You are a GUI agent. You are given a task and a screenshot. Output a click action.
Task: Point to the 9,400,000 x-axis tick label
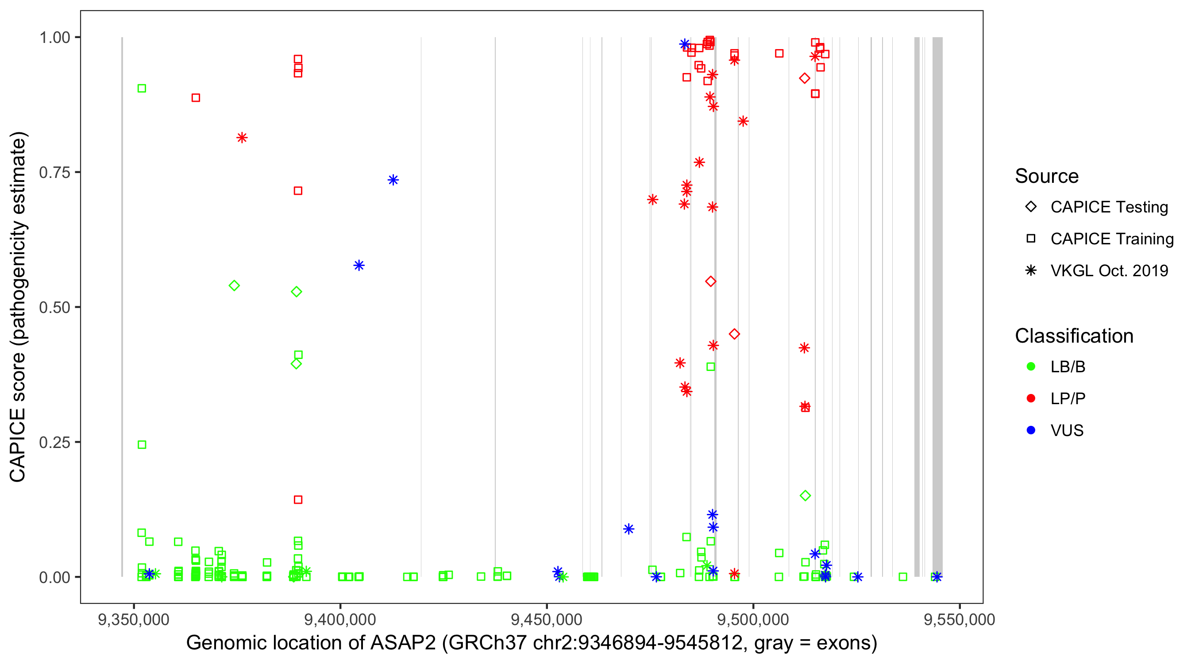coord(340,619)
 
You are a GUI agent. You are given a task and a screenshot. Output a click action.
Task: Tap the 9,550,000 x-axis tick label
coord(960,619)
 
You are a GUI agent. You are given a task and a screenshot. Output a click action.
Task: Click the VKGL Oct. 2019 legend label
coord(1109,270)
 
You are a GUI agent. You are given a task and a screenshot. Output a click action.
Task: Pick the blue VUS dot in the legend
coord(1031,430)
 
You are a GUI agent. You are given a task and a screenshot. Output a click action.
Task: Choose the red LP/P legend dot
coord(1031,398)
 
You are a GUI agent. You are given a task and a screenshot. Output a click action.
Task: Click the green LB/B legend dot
coord(1031,367)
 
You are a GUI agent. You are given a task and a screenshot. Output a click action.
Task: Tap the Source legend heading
coord(1047,176)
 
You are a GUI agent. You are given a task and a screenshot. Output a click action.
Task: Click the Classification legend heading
coord(1074,336)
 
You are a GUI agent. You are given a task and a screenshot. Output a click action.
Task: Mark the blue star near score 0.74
coord(393,180)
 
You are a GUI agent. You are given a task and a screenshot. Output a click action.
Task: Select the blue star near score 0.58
coord(358,266)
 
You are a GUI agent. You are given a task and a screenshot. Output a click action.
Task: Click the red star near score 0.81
coord(242,138)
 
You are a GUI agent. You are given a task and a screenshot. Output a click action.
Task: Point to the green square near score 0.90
coord(142,89)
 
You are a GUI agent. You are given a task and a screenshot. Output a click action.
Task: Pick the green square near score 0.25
coord(142,445)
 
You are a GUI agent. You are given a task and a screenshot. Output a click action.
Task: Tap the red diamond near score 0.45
coord(734,334)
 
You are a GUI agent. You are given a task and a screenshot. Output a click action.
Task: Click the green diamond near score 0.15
coord(806,495)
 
